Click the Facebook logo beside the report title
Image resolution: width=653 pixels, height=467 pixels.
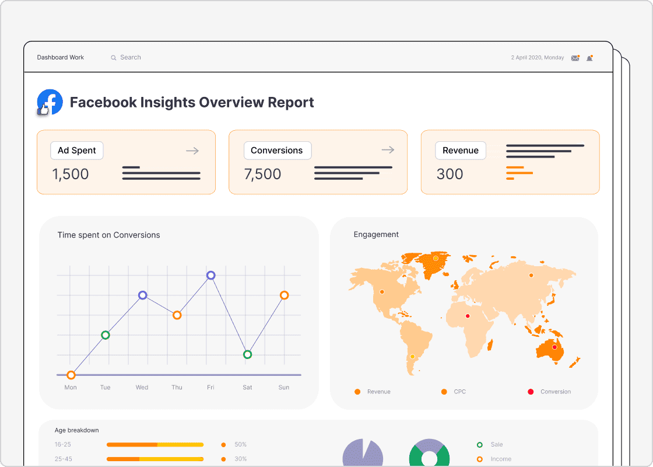point(50,102)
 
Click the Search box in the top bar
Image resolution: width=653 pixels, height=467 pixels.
point(130,57)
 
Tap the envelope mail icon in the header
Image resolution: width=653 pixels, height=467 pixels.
point(575,58)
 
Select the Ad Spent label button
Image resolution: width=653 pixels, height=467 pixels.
point(76,150)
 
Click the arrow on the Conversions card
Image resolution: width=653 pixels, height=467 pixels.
point(388,150)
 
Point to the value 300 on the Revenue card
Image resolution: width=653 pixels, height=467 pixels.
point(450,174)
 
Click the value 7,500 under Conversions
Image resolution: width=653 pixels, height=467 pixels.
point(262,174)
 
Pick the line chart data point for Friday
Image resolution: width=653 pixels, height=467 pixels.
point(211,276)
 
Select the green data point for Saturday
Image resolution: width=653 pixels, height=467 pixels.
point(247,354)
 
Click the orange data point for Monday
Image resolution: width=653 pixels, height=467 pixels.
point(71,375)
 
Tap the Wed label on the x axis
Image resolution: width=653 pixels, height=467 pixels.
point(142,387)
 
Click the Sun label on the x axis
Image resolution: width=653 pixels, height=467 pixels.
point(284,387)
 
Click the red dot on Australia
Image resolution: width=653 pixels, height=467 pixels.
point(554,347)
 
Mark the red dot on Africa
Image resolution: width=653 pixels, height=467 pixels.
point(467,316)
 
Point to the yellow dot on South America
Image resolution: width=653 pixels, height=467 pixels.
point(412,356)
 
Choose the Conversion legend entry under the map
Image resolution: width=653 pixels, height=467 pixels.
point(550,392)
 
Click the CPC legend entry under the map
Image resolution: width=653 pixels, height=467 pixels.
point(454,392)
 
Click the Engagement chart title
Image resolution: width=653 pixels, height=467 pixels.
point(376,234)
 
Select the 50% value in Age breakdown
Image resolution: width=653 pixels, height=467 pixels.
point(240,444)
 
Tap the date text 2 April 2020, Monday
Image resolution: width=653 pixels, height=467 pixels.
point(537,58)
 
